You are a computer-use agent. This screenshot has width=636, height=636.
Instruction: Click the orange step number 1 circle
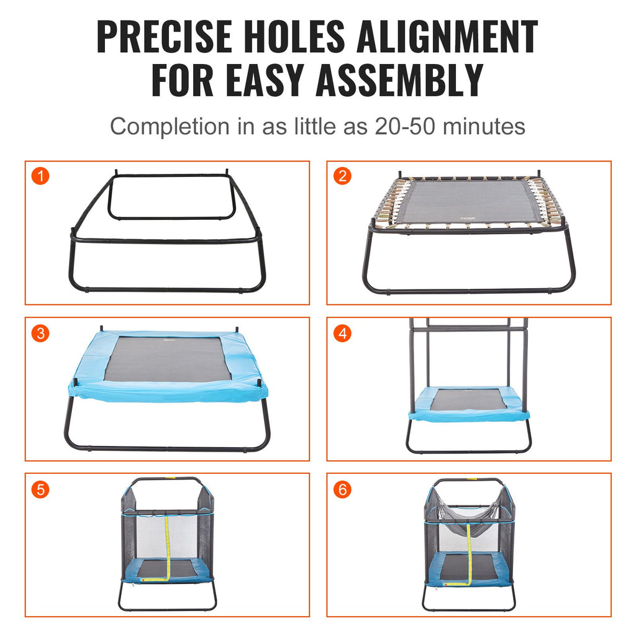tap(40, 176)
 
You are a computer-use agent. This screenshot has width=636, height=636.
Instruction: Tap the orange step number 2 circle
tap(342, 176)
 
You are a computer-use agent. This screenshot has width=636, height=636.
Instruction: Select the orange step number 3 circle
tap(40, 333)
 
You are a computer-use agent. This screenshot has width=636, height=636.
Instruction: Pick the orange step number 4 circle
tap(342, 333)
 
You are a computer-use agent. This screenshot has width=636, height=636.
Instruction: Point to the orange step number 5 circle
tap(40, 489)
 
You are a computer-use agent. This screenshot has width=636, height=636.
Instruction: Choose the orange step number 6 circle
tap(342, 489)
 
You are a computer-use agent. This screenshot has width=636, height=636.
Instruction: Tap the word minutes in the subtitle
tap(486, 126)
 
